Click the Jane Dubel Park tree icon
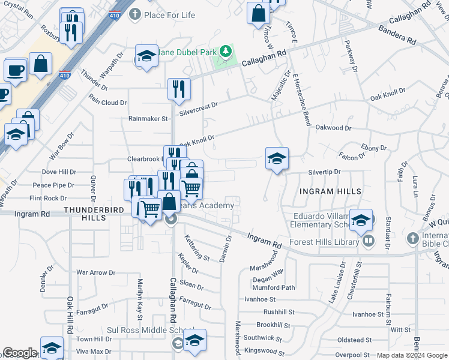pos(226,52)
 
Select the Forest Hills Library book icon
pos(368,242)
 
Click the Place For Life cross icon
pos(135,13)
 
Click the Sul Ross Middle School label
pos(140,331)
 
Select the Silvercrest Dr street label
pos(199,104)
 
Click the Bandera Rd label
pos(397,34)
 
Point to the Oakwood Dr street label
pos(333,128)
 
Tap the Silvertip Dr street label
pos(324,172)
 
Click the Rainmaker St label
pos(148,119)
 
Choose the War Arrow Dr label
pos(95,272)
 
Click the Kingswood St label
pos(265,351)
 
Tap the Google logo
pos(20,353)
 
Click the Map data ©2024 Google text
pos(412,355)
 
